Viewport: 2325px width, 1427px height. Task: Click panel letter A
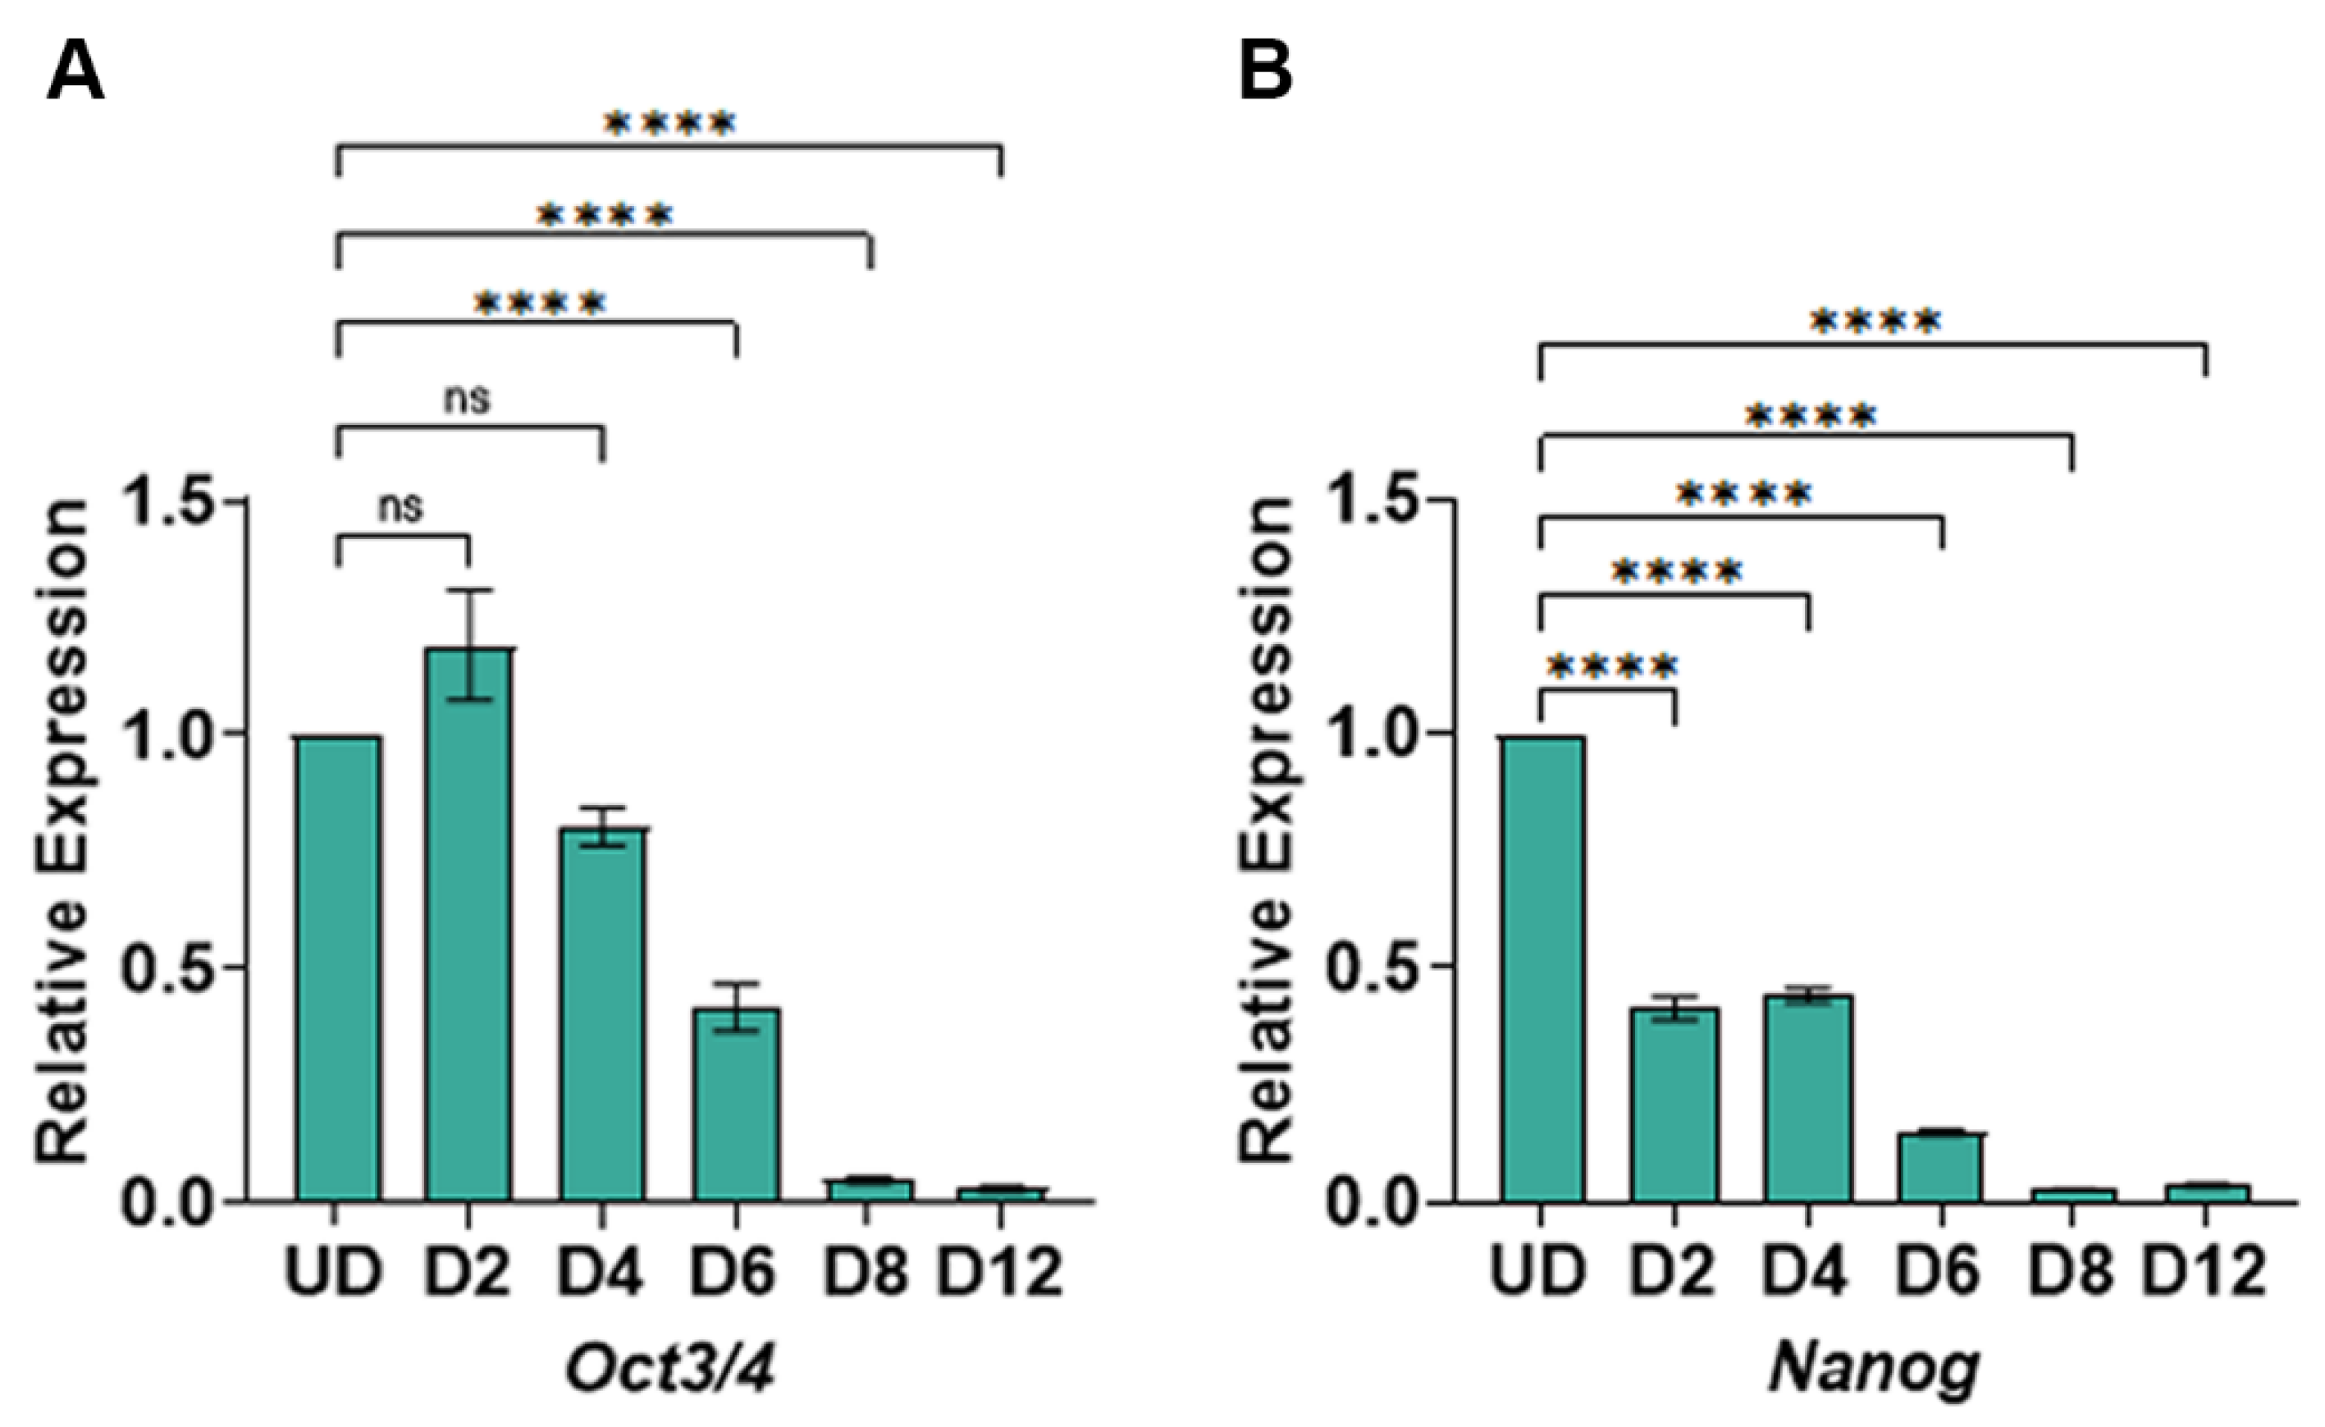(75, 73)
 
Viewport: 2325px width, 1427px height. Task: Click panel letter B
(1264, 73)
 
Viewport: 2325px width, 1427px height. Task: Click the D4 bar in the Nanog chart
(1809, 1100)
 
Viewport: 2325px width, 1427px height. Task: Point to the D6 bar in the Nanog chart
(1942, 1168)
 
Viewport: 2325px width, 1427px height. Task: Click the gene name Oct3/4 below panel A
(670, 1368)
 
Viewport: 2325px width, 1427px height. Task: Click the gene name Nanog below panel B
(1873, 1368)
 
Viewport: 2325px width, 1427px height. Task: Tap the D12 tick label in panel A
(1000, 1271)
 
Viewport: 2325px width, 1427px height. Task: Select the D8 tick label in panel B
(2071, 1271)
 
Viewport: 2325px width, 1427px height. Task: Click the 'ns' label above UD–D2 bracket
(401, 508)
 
